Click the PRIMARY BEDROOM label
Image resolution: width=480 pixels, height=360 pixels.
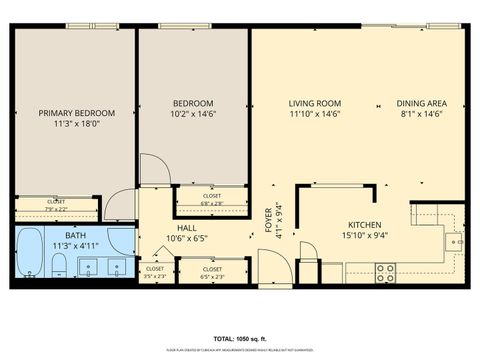point(78,113)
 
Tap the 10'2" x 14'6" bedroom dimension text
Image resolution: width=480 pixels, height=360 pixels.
point(192,115)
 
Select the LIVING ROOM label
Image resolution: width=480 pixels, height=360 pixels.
point(315,103)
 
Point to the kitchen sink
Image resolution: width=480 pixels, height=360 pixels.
point(454,241)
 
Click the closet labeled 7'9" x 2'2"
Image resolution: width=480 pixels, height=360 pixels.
point(56,205)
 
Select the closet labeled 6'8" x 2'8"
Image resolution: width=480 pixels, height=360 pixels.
point(212,199)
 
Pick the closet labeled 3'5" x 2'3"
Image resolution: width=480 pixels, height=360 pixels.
point(155,271)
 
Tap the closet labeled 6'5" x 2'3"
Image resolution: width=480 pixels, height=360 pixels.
point(212,271)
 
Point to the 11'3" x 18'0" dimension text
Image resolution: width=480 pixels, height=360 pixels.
point(78,126)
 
